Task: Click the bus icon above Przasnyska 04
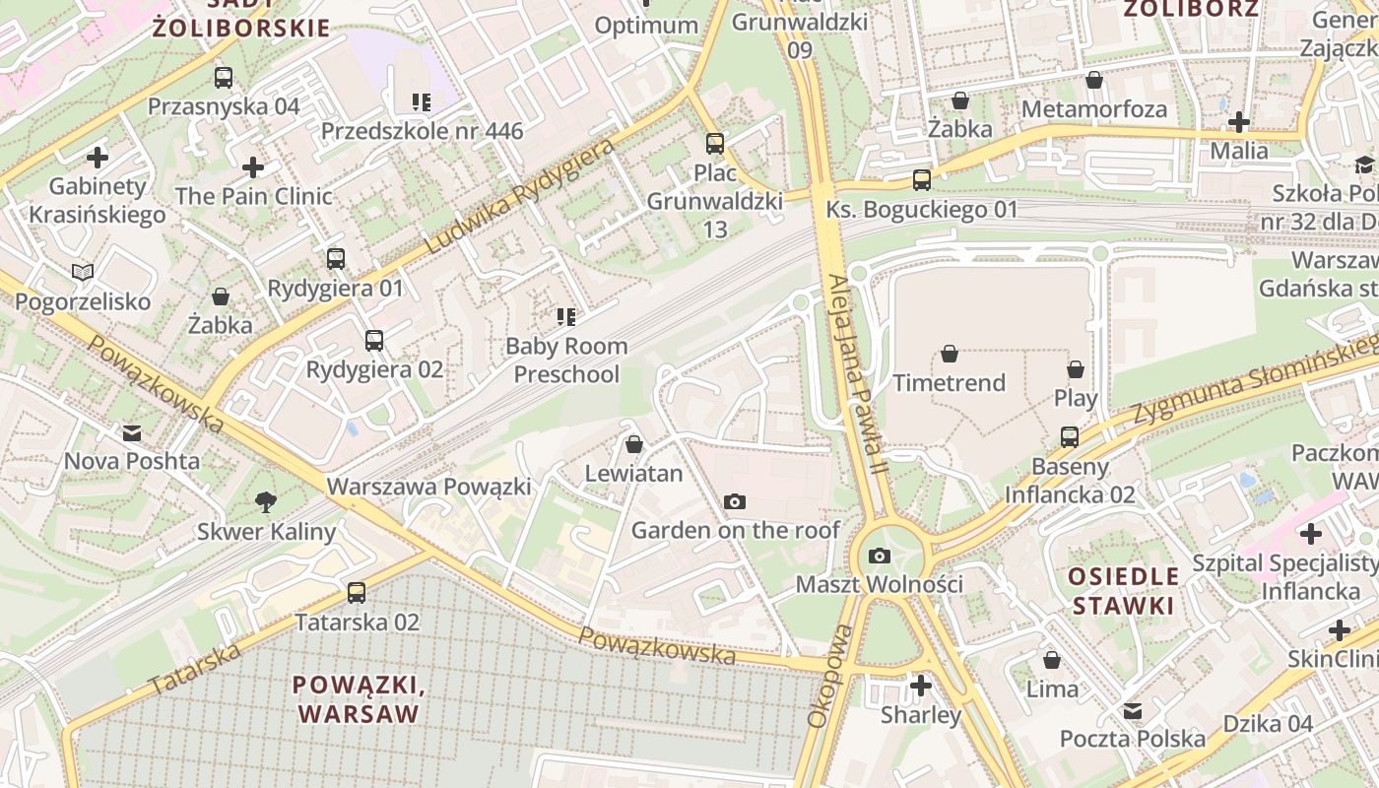click(x=224, y=78)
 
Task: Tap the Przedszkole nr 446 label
click(x=422, y=131)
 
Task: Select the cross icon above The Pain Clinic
click(x=253, y=167)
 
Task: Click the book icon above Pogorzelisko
click(x=83, y=272)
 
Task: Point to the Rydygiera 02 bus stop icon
click(x=374, y=341)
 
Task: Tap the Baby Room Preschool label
click(x=566, y=360)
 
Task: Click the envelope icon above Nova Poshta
click(x=132, y=432)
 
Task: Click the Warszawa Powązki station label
click(x=428, y=487)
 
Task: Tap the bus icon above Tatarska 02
click(x=357, y=593)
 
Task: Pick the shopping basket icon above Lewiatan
click(x=634, y=444)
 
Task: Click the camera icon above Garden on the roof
click(x=734, y=502)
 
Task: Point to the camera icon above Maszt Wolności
click(x=880, y=557)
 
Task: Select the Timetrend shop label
click(x=949, y=382)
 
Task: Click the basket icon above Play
click(x=1076, y=369)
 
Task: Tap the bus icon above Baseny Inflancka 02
click(x=1070, y=436)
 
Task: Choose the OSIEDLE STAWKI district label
click(x=1124, y=590)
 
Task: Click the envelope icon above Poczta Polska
click(x=1133, y=710)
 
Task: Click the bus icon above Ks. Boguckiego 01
click(x=922, y=180)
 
